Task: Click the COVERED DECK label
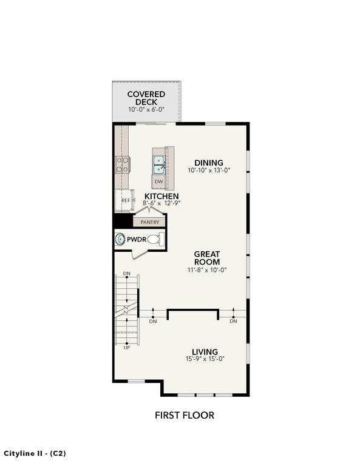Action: [x=146, y=98]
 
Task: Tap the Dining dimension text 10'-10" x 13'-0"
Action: [x=209, y=171]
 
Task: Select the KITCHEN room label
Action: [x=161, y=196]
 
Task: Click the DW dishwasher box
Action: [x=159, y=181]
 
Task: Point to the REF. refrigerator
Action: [x=124, y=201]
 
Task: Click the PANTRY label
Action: [x=150, y=222]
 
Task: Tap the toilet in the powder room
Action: [x=155, y=239]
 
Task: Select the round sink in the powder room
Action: [x=120, y=239]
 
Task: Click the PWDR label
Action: [x=137, y=239]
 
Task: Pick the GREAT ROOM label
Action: [x=207, y=258]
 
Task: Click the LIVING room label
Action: [x=205, y=352]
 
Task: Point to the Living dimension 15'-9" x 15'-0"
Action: [x=205, y=359]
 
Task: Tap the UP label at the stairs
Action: [x=127, y=348]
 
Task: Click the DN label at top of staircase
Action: [x=127, y=274]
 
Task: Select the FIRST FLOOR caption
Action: [x=185, y=415]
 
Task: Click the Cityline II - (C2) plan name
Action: [x=35, y=453]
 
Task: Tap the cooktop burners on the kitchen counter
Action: [x=123, y=164]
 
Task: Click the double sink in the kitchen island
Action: [x=159, y=164]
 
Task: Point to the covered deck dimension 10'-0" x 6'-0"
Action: [x=146, y=109]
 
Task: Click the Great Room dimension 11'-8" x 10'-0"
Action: [x=207, y=270]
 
